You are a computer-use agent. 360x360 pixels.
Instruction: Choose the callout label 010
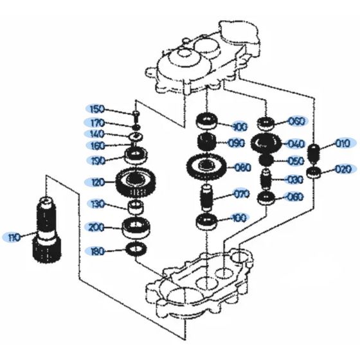click(x=343, y=143)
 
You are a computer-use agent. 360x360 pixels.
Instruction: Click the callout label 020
click(x=343, y=170)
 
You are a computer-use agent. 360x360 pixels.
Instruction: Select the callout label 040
click(x=296, y=143)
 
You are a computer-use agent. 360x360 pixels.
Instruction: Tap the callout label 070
click(x=241, y=193)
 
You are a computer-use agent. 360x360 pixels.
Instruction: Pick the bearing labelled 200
click(x=136, y=226)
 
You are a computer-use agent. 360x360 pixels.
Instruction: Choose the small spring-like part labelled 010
click(x=315, y=154)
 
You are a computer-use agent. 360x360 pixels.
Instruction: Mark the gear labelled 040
click(x=265, y=143)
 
